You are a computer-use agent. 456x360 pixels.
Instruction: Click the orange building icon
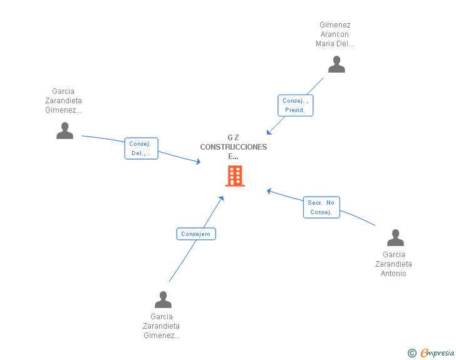tap(235, 176)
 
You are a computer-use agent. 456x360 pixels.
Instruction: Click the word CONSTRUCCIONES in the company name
tap(234, 147)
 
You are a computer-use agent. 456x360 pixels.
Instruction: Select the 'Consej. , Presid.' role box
tap(295, 105)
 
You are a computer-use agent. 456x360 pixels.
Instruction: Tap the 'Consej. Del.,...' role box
tap(141, 148)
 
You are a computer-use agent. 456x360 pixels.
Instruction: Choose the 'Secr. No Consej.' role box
tap(321, 207)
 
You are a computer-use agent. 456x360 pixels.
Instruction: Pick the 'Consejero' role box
tap(196, 234)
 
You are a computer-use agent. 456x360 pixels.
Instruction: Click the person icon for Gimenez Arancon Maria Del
tap(336, 64)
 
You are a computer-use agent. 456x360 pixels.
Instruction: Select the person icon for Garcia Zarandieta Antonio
tap(395, 238)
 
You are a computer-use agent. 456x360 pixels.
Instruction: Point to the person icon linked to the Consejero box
tap(163, 300)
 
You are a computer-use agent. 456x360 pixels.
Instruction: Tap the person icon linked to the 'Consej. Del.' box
tap(65, 130)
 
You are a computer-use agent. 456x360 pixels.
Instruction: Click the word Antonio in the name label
tap(393, 274)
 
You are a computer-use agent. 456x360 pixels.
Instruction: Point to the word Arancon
tap(334, 34)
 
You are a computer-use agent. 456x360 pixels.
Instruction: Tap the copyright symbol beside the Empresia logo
tap(412, 353)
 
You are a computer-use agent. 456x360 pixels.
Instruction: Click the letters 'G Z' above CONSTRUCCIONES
tap(234, 138)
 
